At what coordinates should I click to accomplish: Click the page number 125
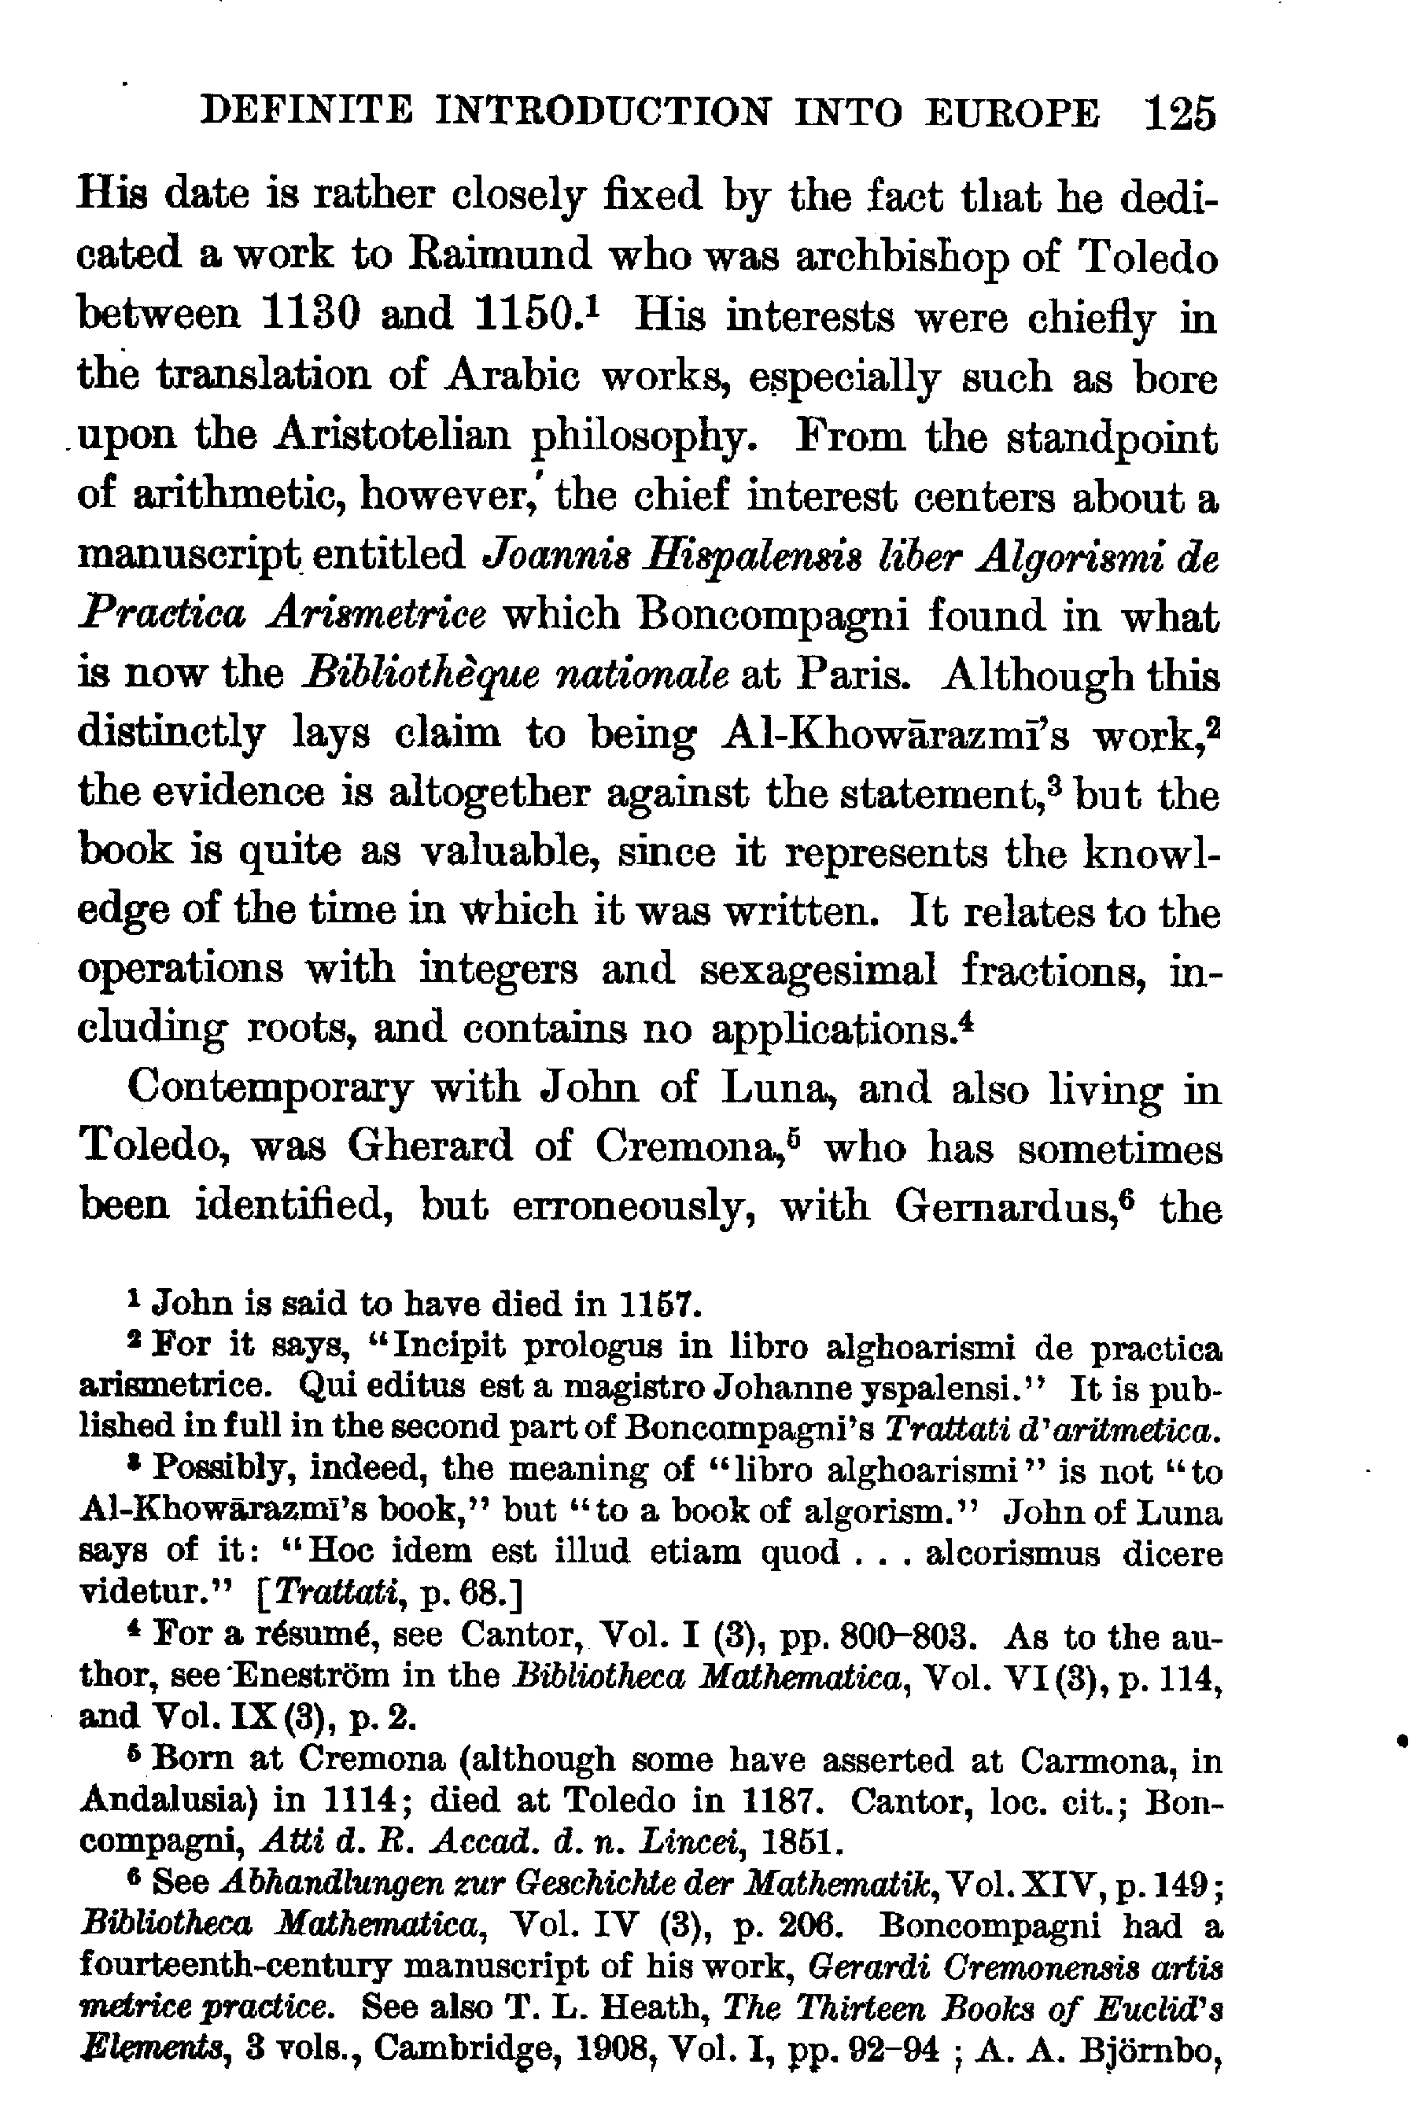click(x=1179, y=116)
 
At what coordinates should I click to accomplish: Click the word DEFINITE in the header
click(x=307, y=112)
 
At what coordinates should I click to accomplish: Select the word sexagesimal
click(x=817, y=971)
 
